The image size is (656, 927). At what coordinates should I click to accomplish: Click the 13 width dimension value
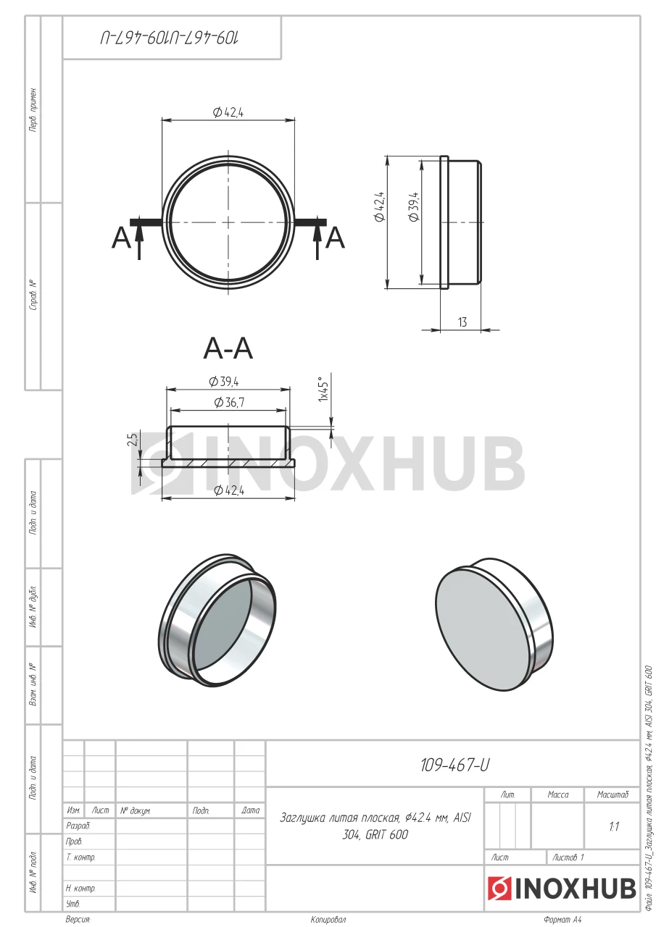(x=462, y=322)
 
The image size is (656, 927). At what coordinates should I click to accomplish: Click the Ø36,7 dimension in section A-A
(x=230, y=402)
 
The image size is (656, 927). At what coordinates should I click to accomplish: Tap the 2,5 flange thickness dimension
(x=133, y=440)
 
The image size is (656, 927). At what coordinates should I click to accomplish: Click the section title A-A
(x=228, y=349)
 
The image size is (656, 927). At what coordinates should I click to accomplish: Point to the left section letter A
(x=121, y=238)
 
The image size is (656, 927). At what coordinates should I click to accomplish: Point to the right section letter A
(x=335, y=238)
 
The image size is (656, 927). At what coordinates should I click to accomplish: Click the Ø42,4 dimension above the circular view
(x=228, y=112)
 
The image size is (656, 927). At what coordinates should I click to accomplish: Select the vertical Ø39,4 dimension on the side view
(x=414, y=207)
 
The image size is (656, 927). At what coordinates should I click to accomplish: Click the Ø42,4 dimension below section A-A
(x=229, y=490)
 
